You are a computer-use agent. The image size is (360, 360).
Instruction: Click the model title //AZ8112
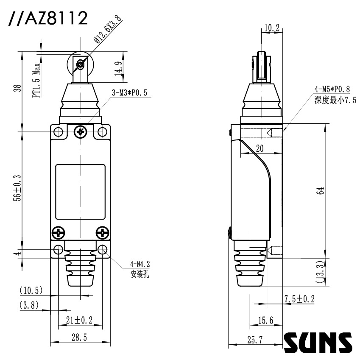pyautogui.click(x=47, y=19)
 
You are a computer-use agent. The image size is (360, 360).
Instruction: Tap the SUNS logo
pyautogui.click(x=318, y=342)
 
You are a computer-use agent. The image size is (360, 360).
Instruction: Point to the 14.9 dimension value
pyautogui.click(x=119, y=67)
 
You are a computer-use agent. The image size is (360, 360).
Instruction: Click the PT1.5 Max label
pyautogui.click(x=37, y=81)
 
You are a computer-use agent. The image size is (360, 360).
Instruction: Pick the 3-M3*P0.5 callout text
pyautogui.click(x=129, y=93)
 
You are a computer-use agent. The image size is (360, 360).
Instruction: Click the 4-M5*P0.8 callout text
pyautogui.click(x=332, y=89)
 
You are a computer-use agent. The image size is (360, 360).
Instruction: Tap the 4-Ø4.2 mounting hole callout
pyautogui.click(x=140, y=264)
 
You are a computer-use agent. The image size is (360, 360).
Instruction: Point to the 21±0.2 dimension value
pyautogui.click(x=79, y=320)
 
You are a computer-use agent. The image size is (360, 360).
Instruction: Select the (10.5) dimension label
pyautogui.click(x=31, y=290)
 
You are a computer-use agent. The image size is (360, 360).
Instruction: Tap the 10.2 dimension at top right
pyautogui.click(x=271, y=28)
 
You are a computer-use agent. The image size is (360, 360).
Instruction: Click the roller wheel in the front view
pyautogui.click(x=80, y=64)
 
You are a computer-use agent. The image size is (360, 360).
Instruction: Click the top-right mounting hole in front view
pyautogui.click(x=102, y=132)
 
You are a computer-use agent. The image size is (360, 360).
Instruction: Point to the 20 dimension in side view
pyautogui.click(x=260, y=148)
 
